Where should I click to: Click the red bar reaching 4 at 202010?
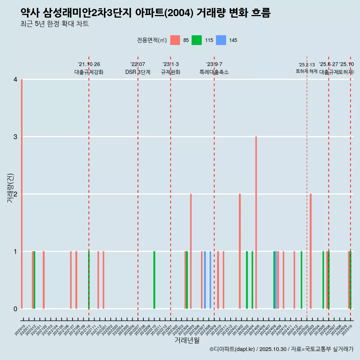point(22,194)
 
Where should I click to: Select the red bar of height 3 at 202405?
point(256,222)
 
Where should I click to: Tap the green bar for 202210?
point(154,280)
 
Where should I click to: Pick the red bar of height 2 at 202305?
point(191,251)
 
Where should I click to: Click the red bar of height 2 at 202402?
point(240,251)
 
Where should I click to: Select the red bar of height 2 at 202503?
point(311,251)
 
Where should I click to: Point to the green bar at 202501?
point(301,280)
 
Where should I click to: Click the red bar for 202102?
point(43,280)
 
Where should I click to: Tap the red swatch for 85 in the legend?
point(175,40)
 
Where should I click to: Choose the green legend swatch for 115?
point(196,40)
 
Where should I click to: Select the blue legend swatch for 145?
point(221,40)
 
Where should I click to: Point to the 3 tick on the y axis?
point(15,137)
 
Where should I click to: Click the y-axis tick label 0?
point(15,309)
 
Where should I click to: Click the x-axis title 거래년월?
point(187,340)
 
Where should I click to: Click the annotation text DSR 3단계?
point(138,72)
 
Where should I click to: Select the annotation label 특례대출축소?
point(214,72)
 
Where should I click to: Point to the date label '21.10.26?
point(89,64)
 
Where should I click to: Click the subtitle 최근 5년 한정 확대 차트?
point(55,24)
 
